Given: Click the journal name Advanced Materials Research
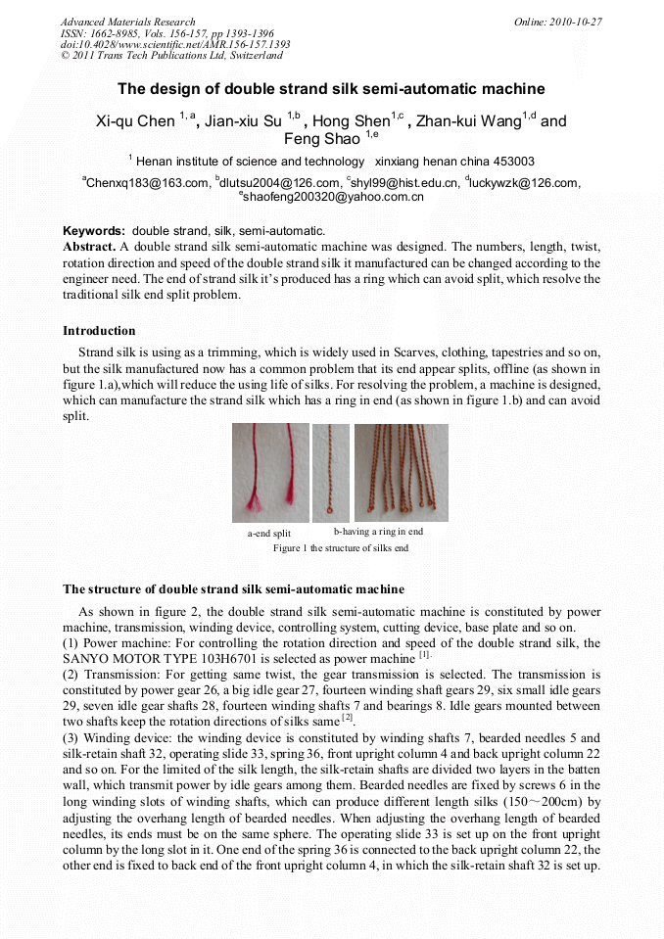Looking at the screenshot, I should coord(127,22).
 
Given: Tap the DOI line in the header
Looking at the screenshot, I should coord(174,45).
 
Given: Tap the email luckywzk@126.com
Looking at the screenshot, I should coord(524,182).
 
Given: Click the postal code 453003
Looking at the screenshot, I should coord(513,162).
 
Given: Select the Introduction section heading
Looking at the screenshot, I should coord(99,331).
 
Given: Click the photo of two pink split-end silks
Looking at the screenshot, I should coord(270,472).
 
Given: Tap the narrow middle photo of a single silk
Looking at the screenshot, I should coord(331,472).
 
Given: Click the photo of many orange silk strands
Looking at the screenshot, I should coord(401,472).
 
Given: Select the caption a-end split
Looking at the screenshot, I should coord(268,534).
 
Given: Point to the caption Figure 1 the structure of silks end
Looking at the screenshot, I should coord(340,548).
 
